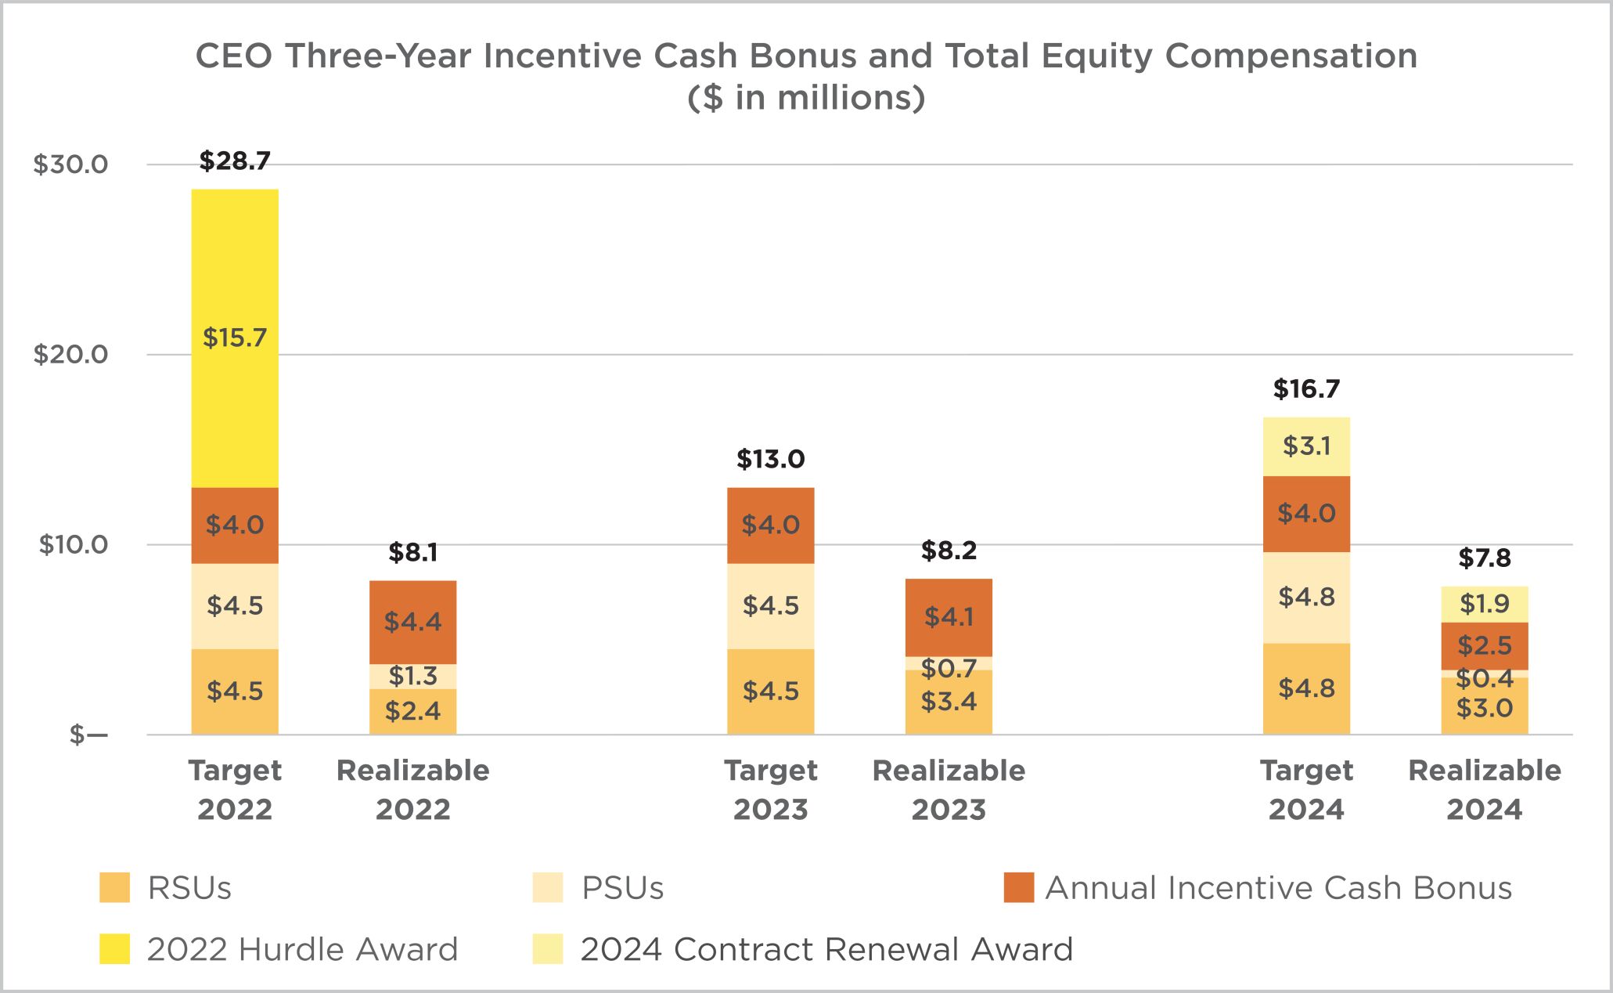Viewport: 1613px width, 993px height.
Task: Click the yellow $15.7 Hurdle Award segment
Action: coord(235,338)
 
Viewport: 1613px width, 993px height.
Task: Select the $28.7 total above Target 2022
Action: coord(235,161)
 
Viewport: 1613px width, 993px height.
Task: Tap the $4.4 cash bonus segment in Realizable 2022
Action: coord(412,622)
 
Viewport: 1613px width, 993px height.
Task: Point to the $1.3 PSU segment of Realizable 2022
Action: coord(412,676)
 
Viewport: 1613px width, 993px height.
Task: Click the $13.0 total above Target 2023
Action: coord(770,459)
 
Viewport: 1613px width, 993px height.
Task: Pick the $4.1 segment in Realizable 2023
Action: coord(949,617)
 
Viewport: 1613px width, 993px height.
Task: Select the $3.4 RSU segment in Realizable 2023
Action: coord(949,702)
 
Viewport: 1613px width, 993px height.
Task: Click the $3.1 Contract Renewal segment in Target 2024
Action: coord(1306,446)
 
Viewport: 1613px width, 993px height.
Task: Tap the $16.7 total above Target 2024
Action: coord(1306,389)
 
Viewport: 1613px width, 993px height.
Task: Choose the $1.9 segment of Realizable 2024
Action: coord(1484,604)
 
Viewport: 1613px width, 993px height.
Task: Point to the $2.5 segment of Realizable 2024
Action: coord(1484,646)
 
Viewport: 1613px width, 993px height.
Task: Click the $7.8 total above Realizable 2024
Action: coord(1484,558)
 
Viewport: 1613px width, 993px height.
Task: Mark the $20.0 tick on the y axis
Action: coord(70,355)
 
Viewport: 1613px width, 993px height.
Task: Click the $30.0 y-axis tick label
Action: coord(70,164)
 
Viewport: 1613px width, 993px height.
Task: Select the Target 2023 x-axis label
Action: coord(770,789)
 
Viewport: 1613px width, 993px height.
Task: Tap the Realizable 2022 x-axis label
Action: coord(412,789)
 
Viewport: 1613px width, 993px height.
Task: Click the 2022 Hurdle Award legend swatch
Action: coord(114,949)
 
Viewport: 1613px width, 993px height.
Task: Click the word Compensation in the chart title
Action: coord(1291,56)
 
